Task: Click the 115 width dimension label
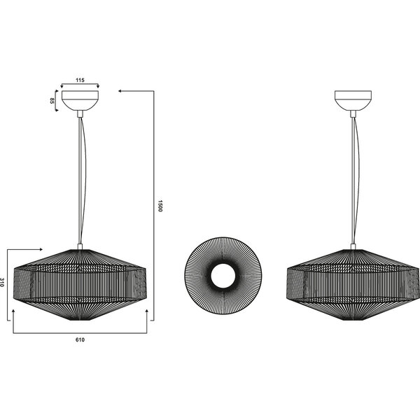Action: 80,80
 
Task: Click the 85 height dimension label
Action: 52,101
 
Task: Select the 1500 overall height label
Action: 160,206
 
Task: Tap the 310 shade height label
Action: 5,283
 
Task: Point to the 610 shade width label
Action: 80,339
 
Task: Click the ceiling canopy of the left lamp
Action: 80,100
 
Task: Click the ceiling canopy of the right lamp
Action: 353,100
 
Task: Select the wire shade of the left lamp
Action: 80,284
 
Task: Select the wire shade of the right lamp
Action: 353,284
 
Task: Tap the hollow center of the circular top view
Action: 223,276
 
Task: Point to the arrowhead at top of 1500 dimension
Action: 121,91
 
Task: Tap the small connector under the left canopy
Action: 80,113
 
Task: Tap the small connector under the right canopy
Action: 353,113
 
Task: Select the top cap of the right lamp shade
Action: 353,246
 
